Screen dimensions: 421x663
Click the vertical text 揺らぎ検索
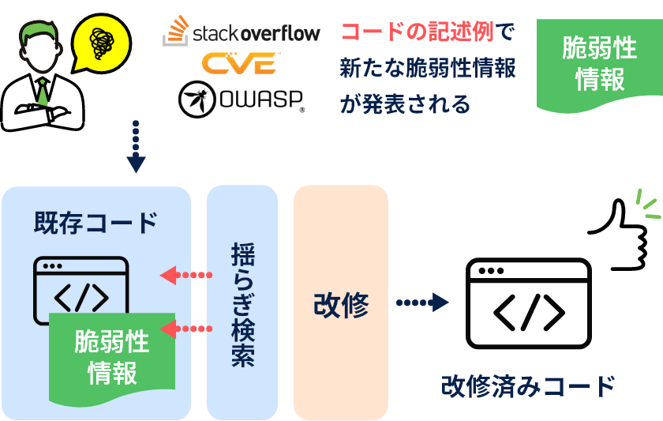pyautogui.click(x=242, y=304)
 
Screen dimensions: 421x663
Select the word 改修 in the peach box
pyautogui.click(x=340, y=304)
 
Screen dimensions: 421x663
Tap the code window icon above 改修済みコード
pyautogui.click(x=529, y=304)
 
